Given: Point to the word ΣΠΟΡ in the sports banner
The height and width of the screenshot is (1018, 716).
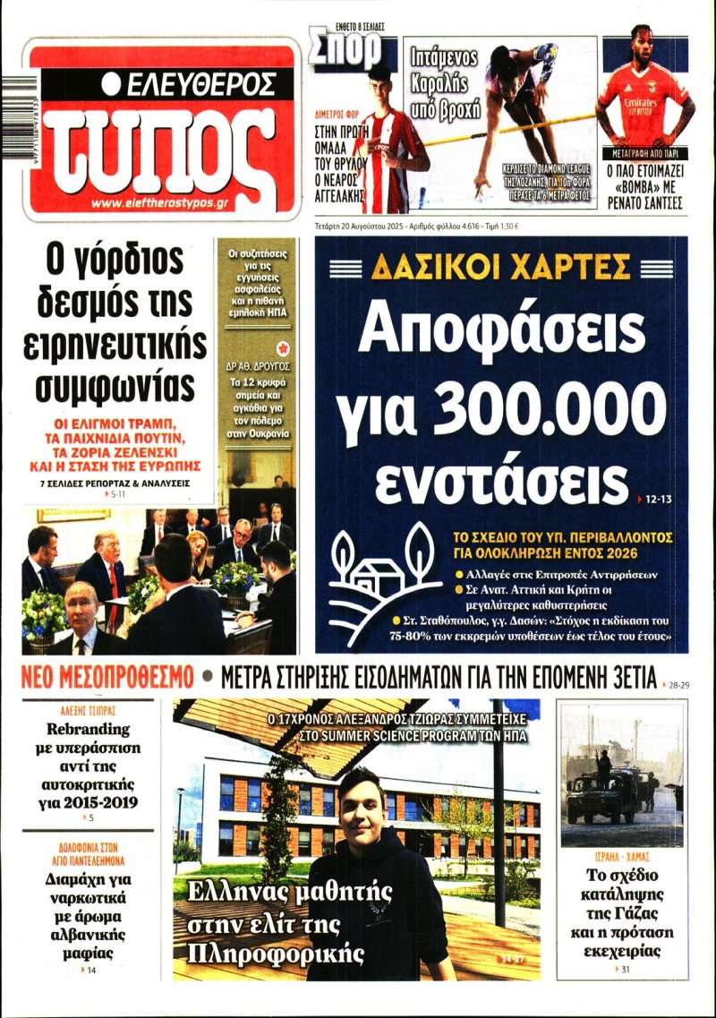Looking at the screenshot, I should pyautogui.click(x=346, y=53).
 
